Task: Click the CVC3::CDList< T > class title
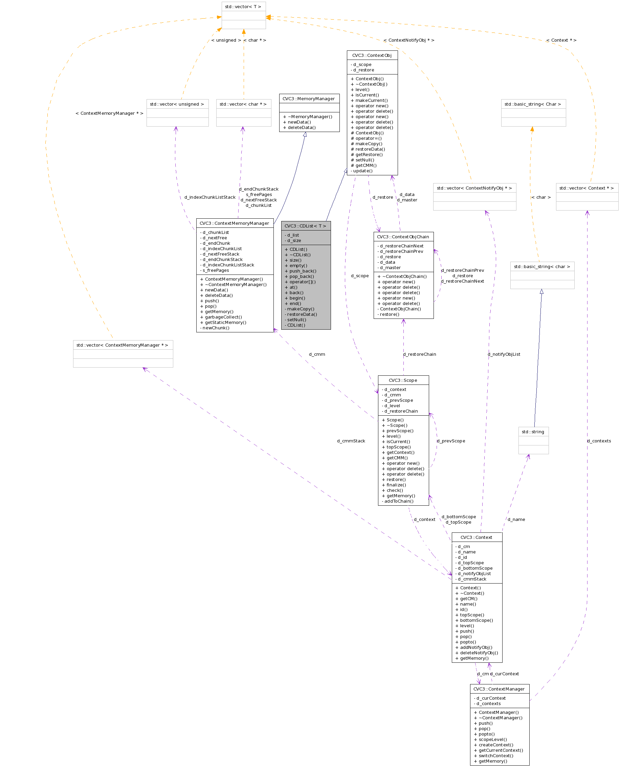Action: coord(305,226)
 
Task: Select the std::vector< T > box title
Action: coord(243,7)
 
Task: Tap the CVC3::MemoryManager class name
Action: coord(309,98)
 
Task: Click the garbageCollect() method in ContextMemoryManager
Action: coord(223,317)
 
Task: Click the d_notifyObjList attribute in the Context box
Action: coord(474,573)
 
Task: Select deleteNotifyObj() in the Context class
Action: coord(479,653)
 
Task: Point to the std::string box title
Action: coord(533,432)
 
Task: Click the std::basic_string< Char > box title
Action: coord(533,104)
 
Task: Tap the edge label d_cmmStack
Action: coord(351,441)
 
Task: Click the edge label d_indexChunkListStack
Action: coord(210,197)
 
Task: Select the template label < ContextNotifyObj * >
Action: coord(409,40)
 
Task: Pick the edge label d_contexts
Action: coord(599,441)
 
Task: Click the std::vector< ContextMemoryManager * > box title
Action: coord(123,345)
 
